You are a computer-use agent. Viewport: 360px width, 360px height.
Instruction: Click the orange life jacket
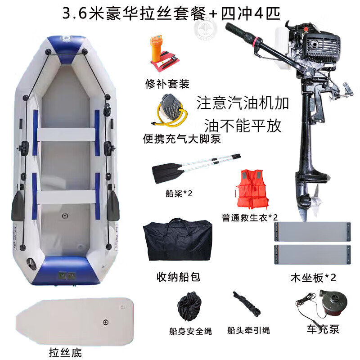tap(252, 189)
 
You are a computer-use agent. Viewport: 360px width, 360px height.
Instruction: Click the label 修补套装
tap(167, 84)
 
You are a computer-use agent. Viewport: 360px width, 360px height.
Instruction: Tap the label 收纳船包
tap(178, 277)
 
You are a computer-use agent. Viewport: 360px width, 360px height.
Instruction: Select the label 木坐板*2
tap(313, 278)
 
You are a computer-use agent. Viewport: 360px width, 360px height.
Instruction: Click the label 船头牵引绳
tap(249, 330)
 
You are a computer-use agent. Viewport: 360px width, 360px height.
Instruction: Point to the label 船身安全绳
tap(190, 331)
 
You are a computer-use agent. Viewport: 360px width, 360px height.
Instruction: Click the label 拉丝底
tap(65, 352)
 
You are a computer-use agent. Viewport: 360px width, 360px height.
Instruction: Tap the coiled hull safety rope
tap(189, 306)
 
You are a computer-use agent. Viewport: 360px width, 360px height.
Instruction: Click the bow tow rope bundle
tap(246, 303)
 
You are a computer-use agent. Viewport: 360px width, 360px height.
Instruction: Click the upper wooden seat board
tap(313, 231)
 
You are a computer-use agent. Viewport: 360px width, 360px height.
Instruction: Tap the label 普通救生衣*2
tap(250, 217)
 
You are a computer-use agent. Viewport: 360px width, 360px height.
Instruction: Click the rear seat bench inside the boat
tap(66, 197)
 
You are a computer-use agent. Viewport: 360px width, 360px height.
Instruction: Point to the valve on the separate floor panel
tap(105, 322)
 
